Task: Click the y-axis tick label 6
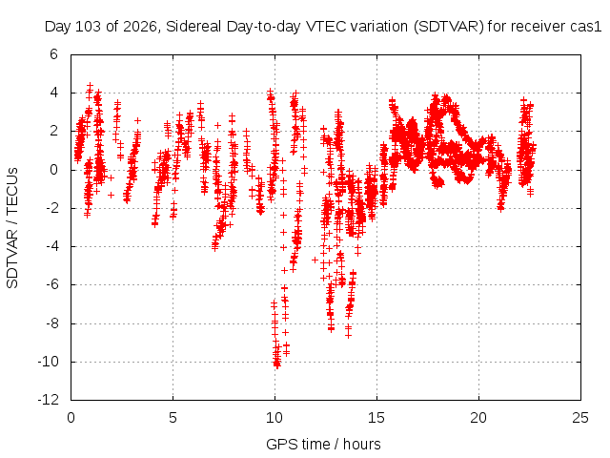53,54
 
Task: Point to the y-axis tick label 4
53,93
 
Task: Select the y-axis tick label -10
49,362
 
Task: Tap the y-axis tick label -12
49,400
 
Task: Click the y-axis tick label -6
51,284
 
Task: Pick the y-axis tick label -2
51,208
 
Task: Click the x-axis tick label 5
173,418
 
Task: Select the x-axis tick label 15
376,418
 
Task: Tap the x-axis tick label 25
580,418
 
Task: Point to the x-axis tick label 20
478,418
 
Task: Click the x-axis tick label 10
274,418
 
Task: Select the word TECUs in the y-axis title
12,191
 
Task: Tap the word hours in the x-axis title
362,444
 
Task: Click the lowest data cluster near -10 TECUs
277,361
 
